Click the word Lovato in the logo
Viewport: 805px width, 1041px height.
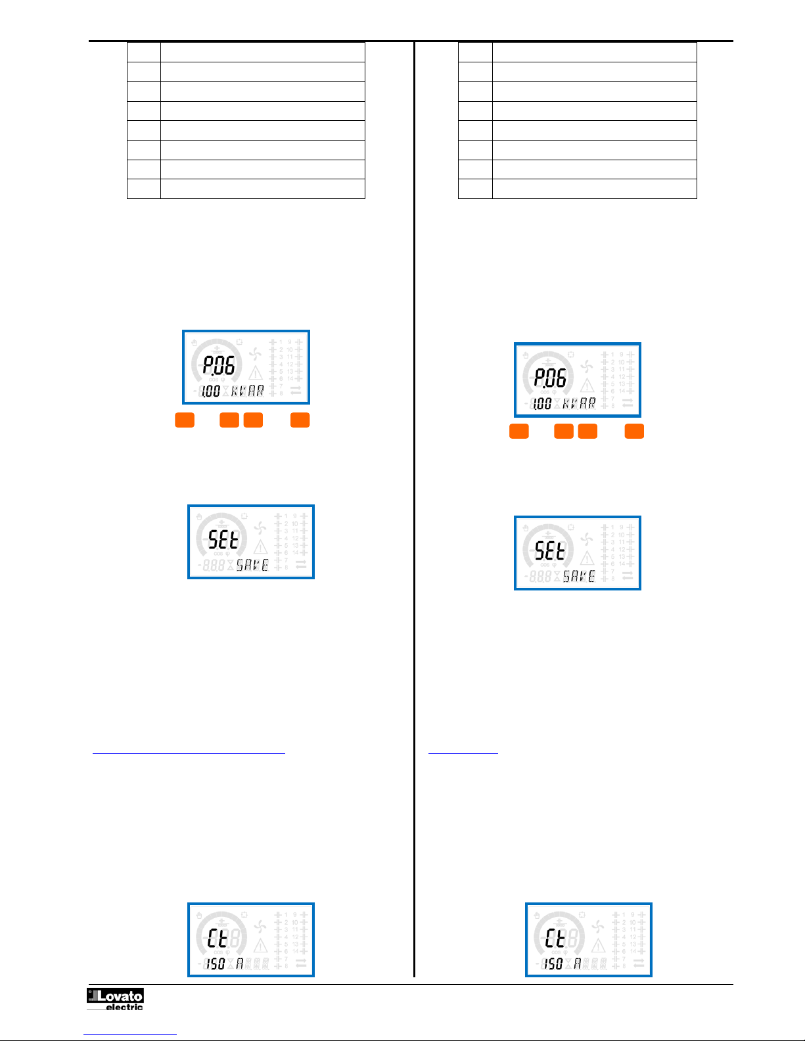click(120, 996)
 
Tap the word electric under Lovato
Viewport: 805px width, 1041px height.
click(124, 1007)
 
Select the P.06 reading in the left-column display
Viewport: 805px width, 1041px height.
click(218, 365)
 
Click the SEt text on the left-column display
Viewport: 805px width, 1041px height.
click(223, 539)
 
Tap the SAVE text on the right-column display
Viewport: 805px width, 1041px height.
click(579, 576)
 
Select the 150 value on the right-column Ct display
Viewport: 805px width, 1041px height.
click(553, 963)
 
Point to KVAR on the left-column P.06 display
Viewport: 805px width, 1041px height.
click(248, 391)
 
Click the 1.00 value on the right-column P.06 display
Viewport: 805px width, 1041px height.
click(541, 403)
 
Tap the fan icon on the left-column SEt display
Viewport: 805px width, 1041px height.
click(260, 528)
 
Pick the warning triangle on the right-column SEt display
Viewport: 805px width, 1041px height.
click(587, 558)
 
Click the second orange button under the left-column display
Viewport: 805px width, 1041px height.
click(229, 420)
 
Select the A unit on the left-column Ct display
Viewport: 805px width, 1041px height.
click(240, 963)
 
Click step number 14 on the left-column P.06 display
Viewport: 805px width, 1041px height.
click(290, 379)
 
